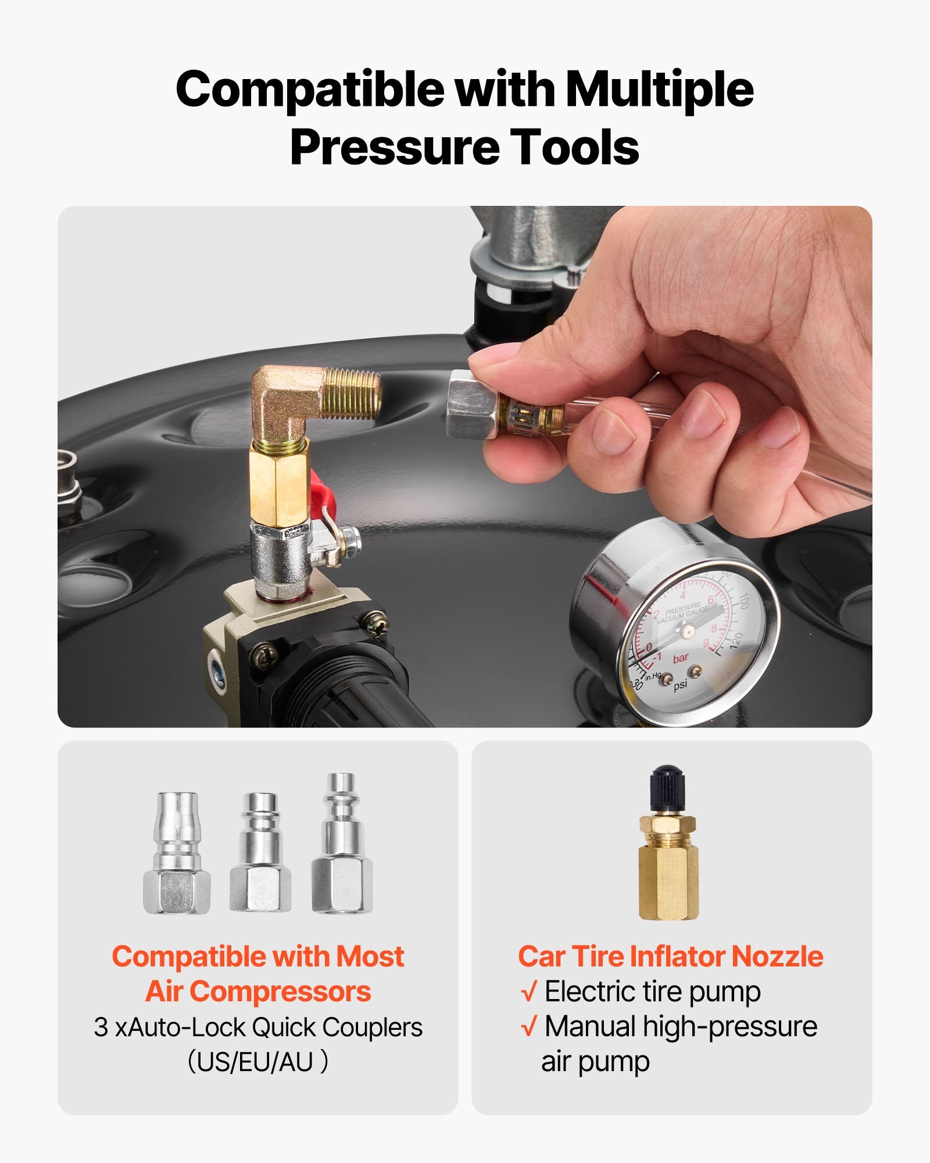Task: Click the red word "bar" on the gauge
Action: pos(681,658)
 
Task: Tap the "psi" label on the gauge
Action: pos(680,684)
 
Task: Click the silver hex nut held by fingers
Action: pos(471,405)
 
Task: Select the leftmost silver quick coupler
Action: pos(177,852)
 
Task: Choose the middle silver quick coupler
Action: pos(260,852)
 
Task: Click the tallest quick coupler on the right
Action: pos(342,843)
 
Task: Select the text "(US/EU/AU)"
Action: pos(257,1061)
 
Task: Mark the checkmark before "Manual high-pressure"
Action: pos(528,1027)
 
